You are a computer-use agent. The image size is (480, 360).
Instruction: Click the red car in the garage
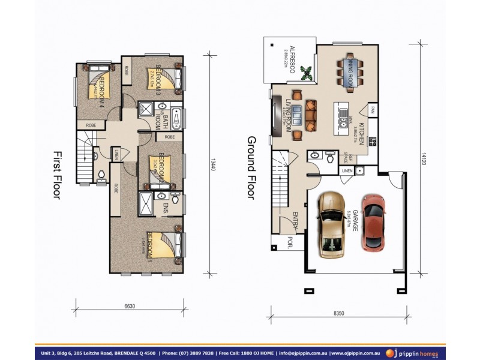coord(373,223)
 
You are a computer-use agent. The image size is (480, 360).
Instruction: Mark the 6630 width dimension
coord(129,305)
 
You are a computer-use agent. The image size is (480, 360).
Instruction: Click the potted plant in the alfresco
coord(307,73)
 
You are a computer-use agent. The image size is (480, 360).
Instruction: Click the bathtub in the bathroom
coord(176,118)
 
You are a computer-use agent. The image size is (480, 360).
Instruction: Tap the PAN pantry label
coord(373,110)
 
